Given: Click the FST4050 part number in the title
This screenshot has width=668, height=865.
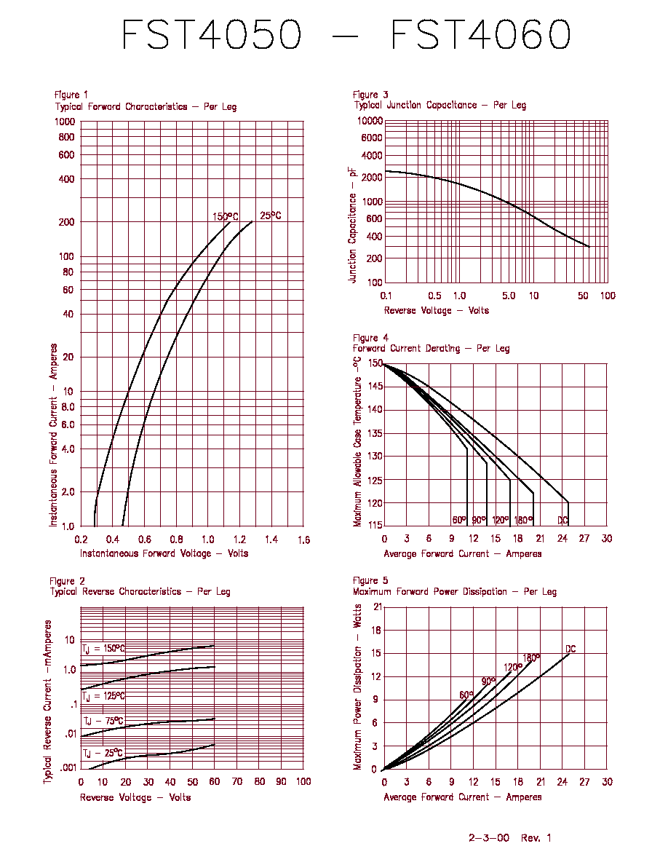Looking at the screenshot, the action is tap(212, 34).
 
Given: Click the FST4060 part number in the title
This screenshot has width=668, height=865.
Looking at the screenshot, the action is tap(480, 34).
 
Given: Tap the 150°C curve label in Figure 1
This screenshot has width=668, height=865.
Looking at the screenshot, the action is tap(226, 216).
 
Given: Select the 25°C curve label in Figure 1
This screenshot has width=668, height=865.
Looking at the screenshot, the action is tap(271, 215).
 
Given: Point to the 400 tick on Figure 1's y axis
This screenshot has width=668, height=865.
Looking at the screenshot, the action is tap(67, 178).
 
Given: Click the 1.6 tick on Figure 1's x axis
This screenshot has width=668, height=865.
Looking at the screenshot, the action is tap(303, 540).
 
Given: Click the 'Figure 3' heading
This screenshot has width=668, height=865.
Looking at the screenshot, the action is tap(370, 95).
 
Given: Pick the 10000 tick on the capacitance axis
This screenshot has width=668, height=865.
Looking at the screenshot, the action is tap(370, 121).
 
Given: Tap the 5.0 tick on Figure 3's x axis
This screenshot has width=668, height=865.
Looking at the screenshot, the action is tap(509, 296).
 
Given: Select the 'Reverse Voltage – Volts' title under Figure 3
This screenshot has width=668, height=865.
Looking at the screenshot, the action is tap(437, 311).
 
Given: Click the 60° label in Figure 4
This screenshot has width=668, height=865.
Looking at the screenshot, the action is tap(459, 520).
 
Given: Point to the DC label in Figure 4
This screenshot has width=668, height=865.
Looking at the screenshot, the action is tap(562, 520).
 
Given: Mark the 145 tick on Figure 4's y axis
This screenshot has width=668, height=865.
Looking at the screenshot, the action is tap(375, 386).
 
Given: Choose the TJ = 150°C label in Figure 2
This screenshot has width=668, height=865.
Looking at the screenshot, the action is tap(103, 649).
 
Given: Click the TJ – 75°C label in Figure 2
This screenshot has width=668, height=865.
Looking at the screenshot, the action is tap(103, 721).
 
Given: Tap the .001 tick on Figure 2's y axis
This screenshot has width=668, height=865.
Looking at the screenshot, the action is tap(68, 767).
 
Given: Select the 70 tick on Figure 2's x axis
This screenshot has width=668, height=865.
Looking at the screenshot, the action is tap(237, 782).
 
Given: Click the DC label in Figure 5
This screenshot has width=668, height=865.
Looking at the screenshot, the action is tap(570, 649).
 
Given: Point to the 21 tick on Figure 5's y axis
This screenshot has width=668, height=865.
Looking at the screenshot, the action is tap(378, 607).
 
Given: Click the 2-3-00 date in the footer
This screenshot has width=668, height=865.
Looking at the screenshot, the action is tap(489, 838).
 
